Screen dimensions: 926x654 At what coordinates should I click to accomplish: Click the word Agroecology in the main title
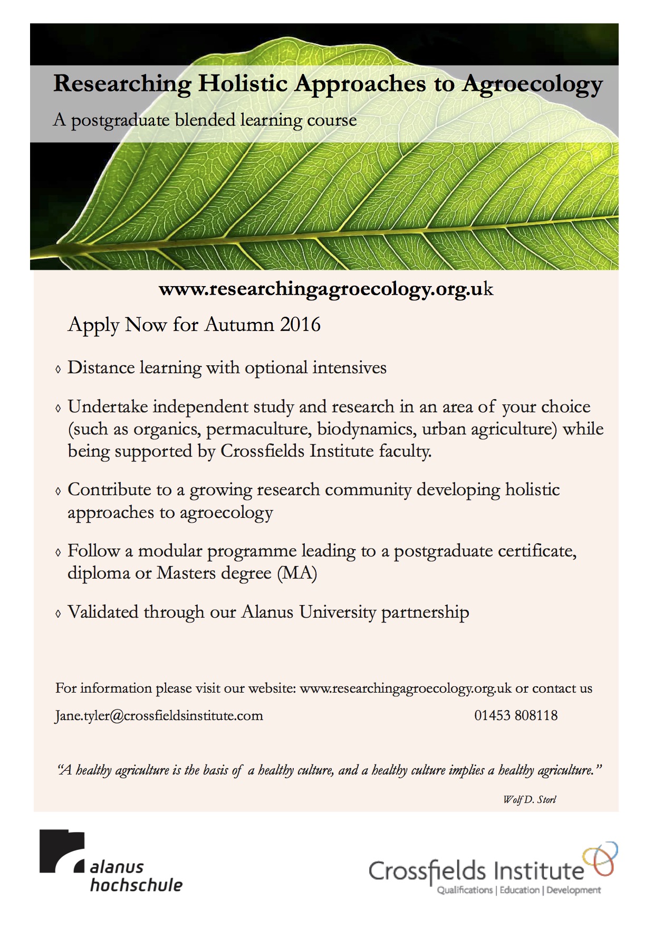[532, 84]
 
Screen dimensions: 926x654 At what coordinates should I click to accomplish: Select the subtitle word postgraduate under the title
[120, 120]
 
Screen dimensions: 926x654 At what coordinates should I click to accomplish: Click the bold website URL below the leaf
[326, 289]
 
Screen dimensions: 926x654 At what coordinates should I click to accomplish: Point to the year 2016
[300, 324]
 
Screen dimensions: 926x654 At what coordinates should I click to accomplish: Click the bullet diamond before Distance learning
[58, 369]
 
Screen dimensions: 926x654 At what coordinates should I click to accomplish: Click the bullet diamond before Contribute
[58, 491]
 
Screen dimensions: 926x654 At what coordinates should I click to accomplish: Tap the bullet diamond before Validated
[58, 613]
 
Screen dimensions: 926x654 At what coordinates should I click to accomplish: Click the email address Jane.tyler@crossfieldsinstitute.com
[159, 715]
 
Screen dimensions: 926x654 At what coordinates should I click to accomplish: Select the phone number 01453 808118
[516, 715]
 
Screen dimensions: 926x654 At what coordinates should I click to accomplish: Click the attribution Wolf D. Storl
[529, 799]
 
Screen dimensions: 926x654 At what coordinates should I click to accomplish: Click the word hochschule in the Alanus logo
[136, 885]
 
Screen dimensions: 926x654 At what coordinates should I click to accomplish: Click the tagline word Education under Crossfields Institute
[520, 890]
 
